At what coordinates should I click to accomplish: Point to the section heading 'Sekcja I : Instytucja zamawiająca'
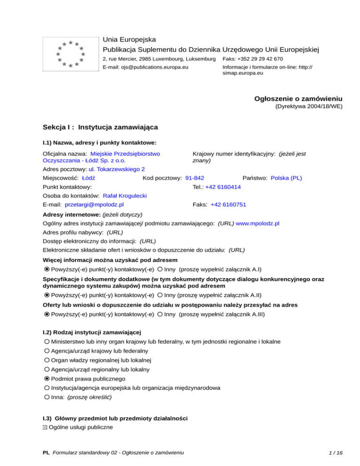pyautogui.click(x=100, y=127)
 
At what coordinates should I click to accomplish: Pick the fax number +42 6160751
pyautogui.click(x=228, y=204)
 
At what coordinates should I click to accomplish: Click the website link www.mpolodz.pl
pyautogui.click(x=258, y=224)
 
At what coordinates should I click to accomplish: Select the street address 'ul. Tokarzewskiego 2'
pyautogui.click(x=117, y=169)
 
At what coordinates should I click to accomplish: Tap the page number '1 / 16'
pyautogui.click(x=336, y=453)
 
